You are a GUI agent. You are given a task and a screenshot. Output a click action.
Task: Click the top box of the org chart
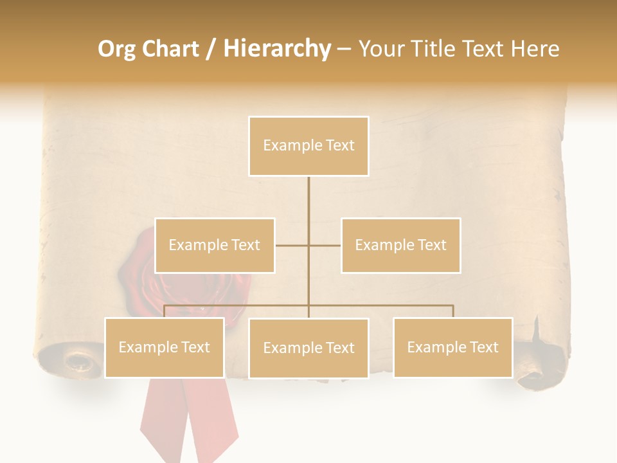[308, 146]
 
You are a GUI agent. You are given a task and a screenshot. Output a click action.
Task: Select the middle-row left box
[215, 245]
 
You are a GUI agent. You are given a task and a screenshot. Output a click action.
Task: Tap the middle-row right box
[400, 245]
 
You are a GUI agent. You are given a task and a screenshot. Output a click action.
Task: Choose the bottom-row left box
[165, 347]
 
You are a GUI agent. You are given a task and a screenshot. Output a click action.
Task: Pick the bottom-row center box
[308, 348]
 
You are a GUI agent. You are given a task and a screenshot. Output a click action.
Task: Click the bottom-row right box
[452, 347]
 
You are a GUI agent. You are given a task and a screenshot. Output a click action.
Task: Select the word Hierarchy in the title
[276, 49]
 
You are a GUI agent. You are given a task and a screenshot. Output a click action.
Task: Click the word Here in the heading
[535, 49]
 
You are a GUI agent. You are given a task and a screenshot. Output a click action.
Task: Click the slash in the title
[211, 50]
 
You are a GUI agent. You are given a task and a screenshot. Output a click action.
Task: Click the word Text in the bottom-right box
[483, 347]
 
